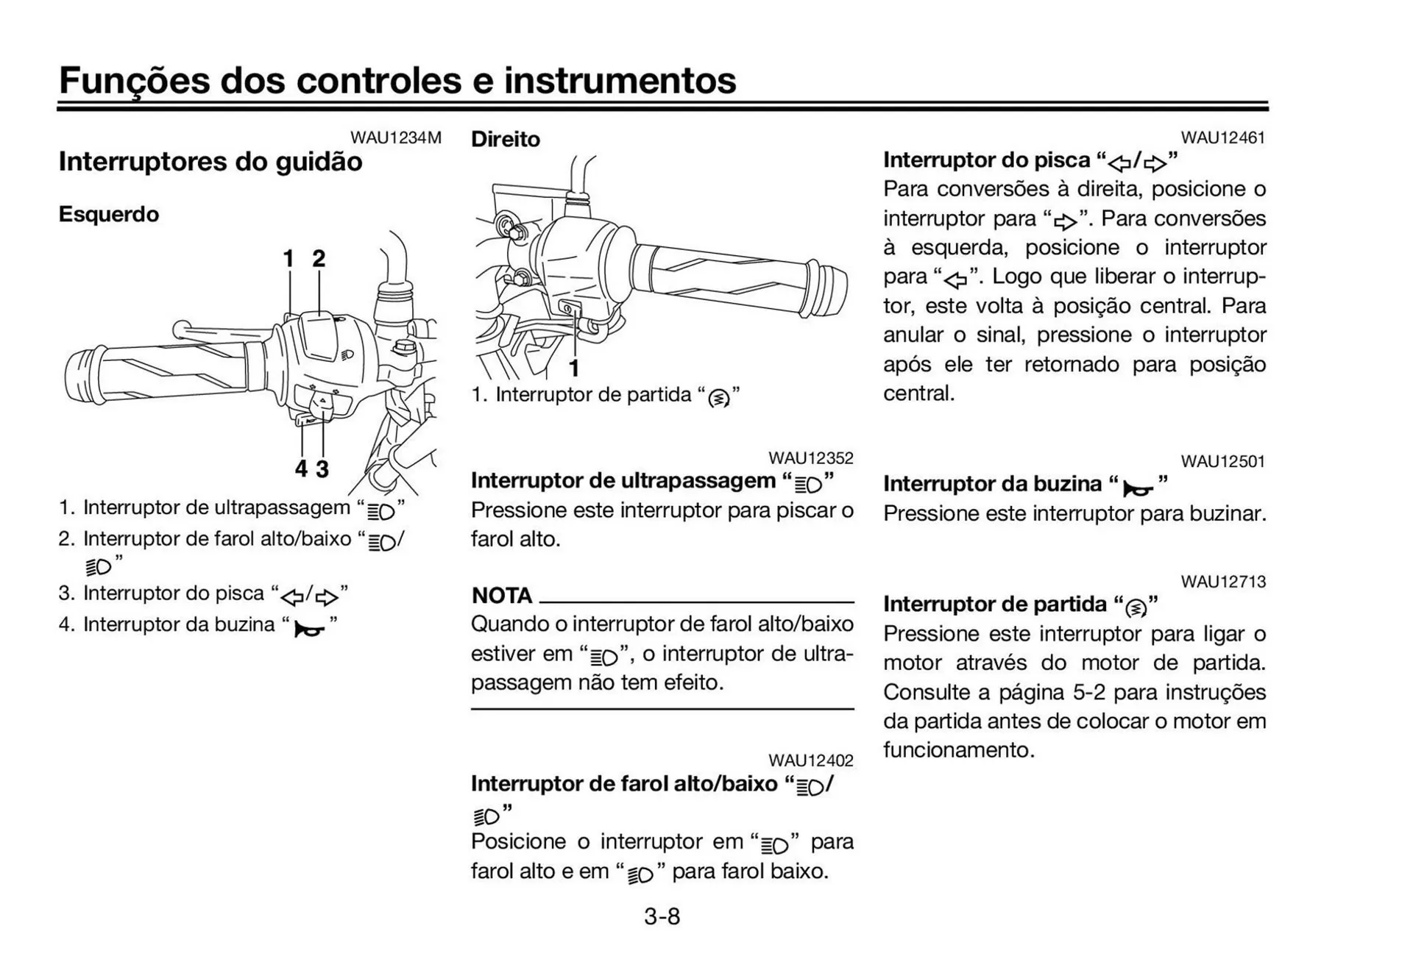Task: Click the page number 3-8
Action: [x=662, y=916]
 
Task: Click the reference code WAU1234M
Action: [x=395, y=138]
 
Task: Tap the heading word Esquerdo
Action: [x=109, y=215]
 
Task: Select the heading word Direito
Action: [x=505, y=139]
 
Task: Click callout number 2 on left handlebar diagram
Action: [x=318, y=259]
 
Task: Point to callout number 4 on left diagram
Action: [x=300, y=468]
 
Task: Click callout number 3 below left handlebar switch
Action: [x=322, y=468]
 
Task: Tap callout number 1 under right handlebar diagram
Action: [x=574, y=368]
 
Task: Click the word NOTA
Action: [x=501, y=595]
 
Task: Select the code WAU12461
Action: [x=1222, y=138]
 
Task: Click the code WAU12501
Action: [x=1222, y=462]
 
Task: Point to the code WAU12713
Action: [x=1222, y=582]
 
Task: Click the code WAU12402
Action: [x=810, y=760]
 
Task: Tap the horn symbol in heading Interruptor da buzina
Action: [x=1137, y=488]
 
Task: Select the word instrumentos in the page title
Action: [x=620, y=80]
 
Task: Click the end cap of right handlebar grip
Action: [x=828, y=288]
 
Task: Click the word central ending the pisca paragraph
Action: [x=918, y=393]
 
